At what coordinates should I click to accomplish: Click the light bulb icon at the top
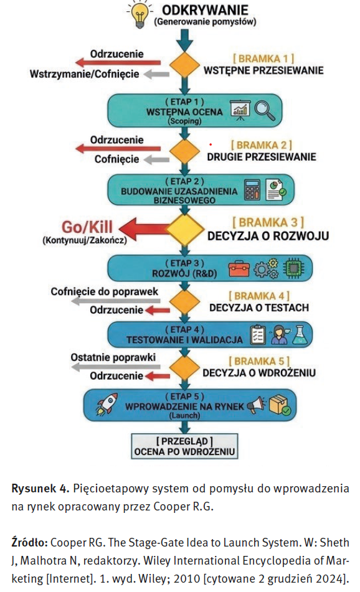[140, 15]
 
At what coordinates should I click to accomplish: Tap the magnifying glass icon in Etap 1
[265, 110]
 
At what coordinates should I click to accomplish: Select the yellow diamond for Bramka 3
[184, 230]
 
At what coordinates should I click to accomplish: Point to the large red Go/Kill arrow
[143, 230]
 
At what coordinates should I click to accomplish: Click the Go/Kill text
[87, 227]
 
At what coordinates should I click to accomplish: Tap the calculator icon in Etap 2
[252, 189]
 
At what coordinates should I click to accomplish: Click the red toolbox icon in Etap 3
[239, 268]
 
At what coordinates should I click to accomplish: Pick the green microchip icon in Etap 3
[294, 268]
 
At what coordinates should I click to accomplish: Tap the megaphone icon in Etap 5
[257, 405]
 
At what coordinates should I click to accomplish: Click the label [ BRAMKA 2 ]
[262, 145]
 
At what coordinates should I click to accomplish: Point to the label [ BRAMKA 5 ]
[259, 361]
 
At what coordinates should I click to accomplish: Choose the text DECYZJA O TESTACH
[259, 308]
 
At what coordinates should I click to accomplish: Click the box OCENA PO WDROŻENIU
[184, 446]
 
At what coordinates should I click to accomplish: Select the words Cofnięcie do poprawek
[104, 291]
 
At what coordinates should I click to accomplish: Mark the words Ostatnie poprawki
[113, 357]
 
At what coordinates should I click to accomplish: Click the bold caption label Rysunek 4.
[40, 489]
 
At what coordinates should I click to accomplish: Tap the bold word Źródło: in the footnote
[29, 543]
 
